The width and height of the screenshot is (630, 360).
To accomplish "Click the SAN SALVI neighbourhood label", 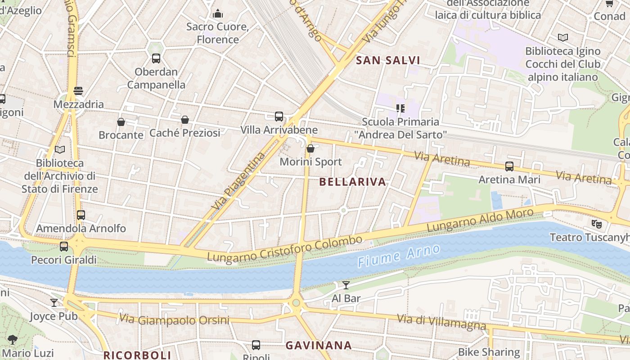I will (388, 60).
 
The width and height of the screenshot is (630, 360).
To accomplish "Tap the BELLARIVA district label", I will (353, 182).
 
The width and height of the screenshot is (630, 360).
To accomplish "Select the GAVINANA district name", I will (319, 345).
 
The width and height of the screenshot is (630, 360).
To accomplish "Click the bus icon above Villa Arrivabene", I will (279, 117).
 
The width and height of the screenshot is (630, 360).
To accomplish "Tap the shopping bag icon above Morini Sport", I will (310, 148).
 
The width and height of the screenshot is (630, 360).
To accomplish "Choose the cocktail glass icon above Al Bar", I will (346, 285).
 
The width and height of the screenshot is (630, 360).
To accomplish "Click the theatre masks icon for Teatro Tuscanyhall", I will (597, 223).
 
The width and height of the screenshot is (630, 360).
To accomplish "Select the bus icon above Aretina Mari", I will (509, 166).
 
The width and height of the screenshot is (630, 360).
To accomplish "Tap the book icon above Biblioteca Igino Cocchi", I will (563, 37).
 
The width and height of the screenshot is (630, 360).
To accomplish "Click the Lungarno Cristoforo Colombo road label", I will (284, 249).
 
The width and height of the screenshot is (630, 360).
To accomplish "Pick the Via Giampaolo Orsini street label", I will (174, 320).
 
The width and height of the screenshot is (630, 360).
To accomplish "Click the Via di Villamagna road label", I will (441, 322).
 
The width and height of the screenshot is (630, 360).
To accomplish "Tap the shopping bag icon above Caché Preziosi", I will (185, 120).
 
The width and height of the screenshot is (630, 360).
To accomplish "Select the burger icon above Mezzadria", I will (78, 91).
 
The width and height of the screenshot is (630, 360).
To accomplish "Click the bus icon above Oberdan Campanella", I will (156, 58).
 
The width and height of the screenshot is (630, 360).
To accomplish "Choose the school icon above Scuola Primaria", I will (400, 108).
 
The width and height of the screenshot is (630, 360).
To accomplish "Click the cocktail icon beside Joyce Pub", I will (54, 303).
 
